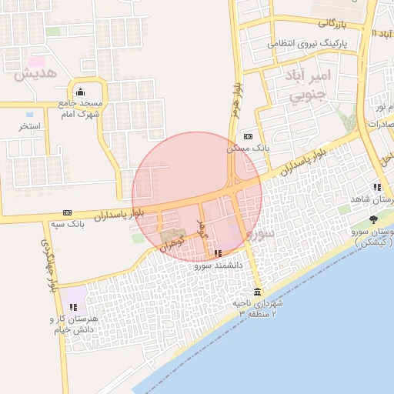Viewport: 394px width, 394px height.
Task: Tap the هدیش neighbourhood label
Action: pos(37,75)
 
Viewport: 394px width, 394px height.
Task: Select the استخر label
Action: pos(31,125)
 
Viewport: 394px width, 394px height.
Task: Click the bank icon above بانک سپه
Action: pos(68,212)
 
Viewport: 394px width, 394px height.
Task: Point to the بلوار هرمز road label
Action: pos(235,100)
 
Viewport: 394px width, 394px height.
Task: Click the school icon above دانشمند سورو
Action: pos(219,253)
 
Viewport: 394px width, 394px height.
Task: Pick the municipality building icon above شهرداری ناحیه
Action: pos(256,292)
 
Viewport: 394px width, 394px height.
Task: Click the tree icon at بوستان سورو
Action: pos(374,220)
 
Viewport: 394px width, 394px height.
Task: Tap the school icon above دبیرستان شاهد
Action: pos(377,187)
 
